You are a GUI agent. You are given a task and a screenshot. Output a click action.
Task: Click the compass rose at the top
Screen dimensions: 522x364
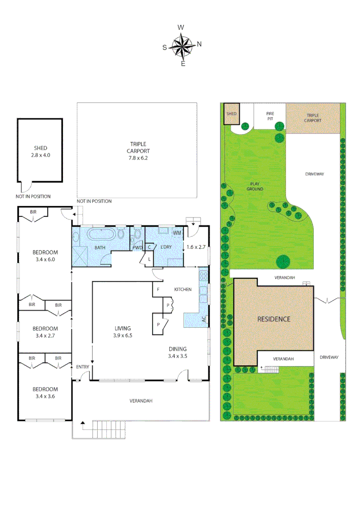coord(182,46)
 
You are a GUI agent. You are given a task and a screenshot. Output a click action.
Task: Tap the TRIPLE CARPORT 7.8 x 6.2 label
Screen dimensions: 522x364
coord(138,151)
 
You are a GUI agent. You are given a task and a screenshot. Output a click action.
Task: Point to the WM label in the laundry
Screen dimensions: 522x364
coord(178,233)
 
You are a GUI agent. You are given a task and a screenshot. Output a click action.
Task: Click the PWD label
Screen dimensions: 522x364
coord(137,248)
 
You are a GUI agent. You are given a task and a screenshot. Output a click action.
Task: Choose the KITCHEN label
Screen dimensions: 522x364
coord(183,290)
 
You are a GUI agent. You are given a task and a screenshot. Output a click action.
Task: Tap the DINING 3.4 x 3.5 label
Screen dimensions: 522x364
coord(177,352)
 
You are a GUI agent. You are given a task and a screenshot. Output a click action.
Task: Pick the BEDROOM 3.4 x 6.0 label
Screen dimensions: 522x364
coord(45,256)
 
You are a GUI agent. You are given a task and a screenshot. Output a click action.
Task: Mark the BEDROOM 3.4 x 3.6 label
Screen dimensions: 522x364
coord(45,392)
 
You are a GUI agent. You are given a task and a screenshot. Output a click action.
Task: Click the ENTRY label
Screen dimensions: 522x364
coord(83,367)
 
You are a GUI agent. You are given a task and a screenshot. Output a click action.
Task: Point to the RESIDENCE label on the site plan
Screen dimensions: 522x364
coord(274,319)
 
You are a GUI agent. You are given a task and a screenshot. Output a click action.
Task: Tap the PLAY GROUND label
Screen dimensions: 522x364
coord(256,186)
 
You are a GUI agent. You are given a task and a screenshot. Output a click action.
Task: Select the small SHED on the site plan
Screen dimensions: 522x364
coord(232,114)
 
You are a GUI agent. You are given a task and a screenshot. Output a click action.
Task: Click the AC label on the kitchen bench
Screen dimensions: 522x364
coord(204,319)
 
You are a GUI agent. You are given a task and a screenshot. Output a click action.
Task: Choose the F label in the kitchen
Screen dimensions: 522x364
coord(158,290)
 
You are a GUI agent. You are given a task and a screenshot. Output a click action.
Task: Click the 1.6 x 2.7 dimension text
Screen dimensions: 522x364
coord(196,247)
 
